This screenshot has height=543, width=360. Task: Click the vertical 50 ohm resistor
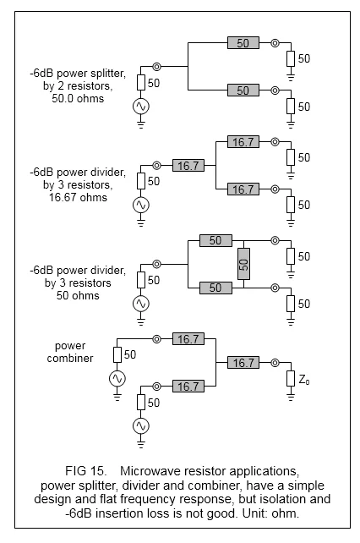coord(243,264)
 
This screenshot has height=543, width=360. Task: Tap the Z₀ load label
coord(304,380)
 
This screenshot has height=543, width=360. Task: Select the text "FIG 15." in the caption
coord(86,471)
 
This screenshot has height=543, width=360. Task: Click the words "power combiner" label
coord(70,352)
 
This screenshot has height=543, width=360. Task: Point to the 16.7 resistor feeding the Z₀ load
coord(243,363)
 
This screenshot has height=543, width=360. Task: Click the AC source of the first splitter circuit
coord(141,107)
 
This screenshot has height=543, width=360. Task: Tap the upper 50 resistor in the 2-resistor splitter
coord(243,43)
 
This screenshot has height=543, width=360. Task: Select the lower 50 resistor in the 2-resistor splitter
coord(243,90)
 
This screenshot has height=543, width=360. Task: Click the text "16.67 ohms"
coord(78,197)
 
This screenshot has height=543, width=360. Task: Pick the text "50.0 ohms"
coord(78,98)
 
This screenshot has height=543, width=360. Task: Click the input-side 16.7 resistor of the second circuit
coord(188,166)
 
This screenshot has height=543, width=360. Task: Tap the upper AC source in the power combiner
coord(117,378)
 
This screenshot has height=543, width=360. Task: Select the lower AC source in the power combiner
coord(141,426)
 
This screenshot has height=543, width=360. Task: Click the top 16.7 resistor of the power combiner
coord(188,338)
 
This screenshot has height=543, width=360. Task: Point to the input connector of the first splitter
coord(157,67)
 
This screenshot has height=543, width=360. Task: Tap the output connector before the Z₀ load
coord(275,363)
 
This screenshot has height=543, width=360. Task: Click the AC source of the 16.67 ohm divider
coord(141,205)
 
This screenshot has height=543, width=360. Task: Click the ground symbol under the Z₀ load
coord(291,396)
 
